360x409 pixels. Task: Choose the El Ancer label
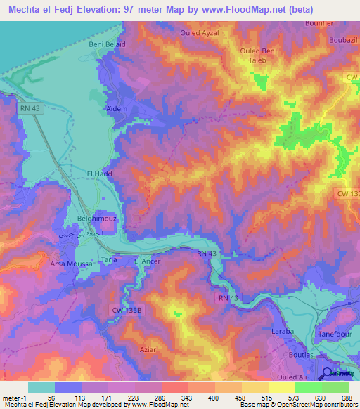[148, 261]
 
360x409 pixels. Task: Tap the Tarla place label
[110, 260]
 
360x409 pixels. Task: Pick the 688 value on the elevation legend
[346, 398]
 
